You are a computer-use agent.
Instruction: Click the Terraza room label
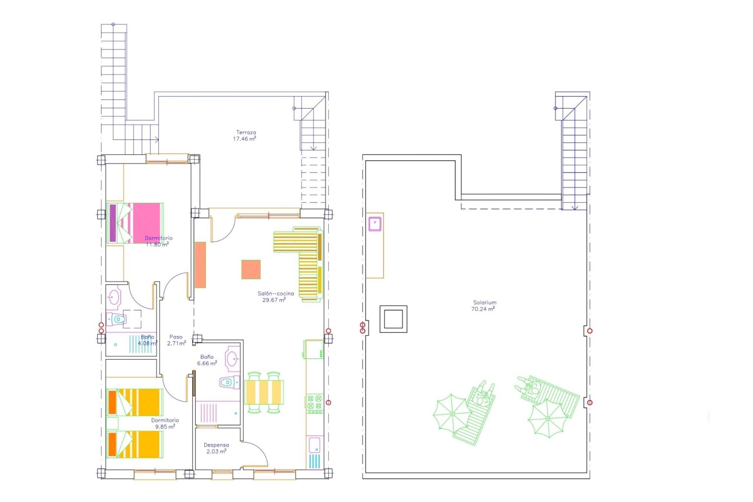(x=246, y=133)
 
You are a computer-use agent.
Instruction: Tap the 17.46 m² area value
(x=244, y=139)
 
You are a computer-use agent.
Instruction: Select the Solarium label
(x=485, y=302)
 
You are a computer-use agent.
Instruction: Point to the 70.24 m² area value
(x=483, y=309)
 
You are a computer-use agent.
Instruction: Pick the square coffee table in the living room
(x=251, y=269)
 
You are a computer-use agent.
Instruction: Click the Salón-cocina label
(x=276, y=293)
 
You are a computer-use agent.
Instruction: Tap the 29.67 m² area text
(x=274, y=300)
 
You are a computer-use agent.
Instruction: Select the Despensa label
(x=216, y=445)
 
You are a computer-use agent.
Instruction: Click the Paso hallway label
(x=176, y=337)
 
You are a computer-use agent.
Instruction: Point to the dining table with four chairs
(x=264, y=392)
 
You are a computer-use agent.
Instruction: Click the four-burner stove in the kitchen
(x=315, y=404)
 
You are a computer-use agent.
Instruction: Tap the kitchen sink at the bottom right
(x=315, y=446)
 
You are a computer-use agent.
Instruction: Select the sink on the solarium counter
(x=375, y=223)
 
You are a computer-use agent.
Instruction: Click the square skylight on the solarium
(x=393, y=319)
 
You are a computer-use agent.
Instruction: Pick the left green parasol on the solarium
(x=452, y=414)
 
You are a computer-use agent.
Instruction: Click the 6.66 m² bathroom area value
(x=207, y=364)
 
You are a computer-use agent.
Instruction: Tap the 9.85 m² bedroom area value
(x=165, y=427)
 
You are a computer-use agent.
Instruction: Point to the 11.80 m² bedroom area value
(x=157, y=244)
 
